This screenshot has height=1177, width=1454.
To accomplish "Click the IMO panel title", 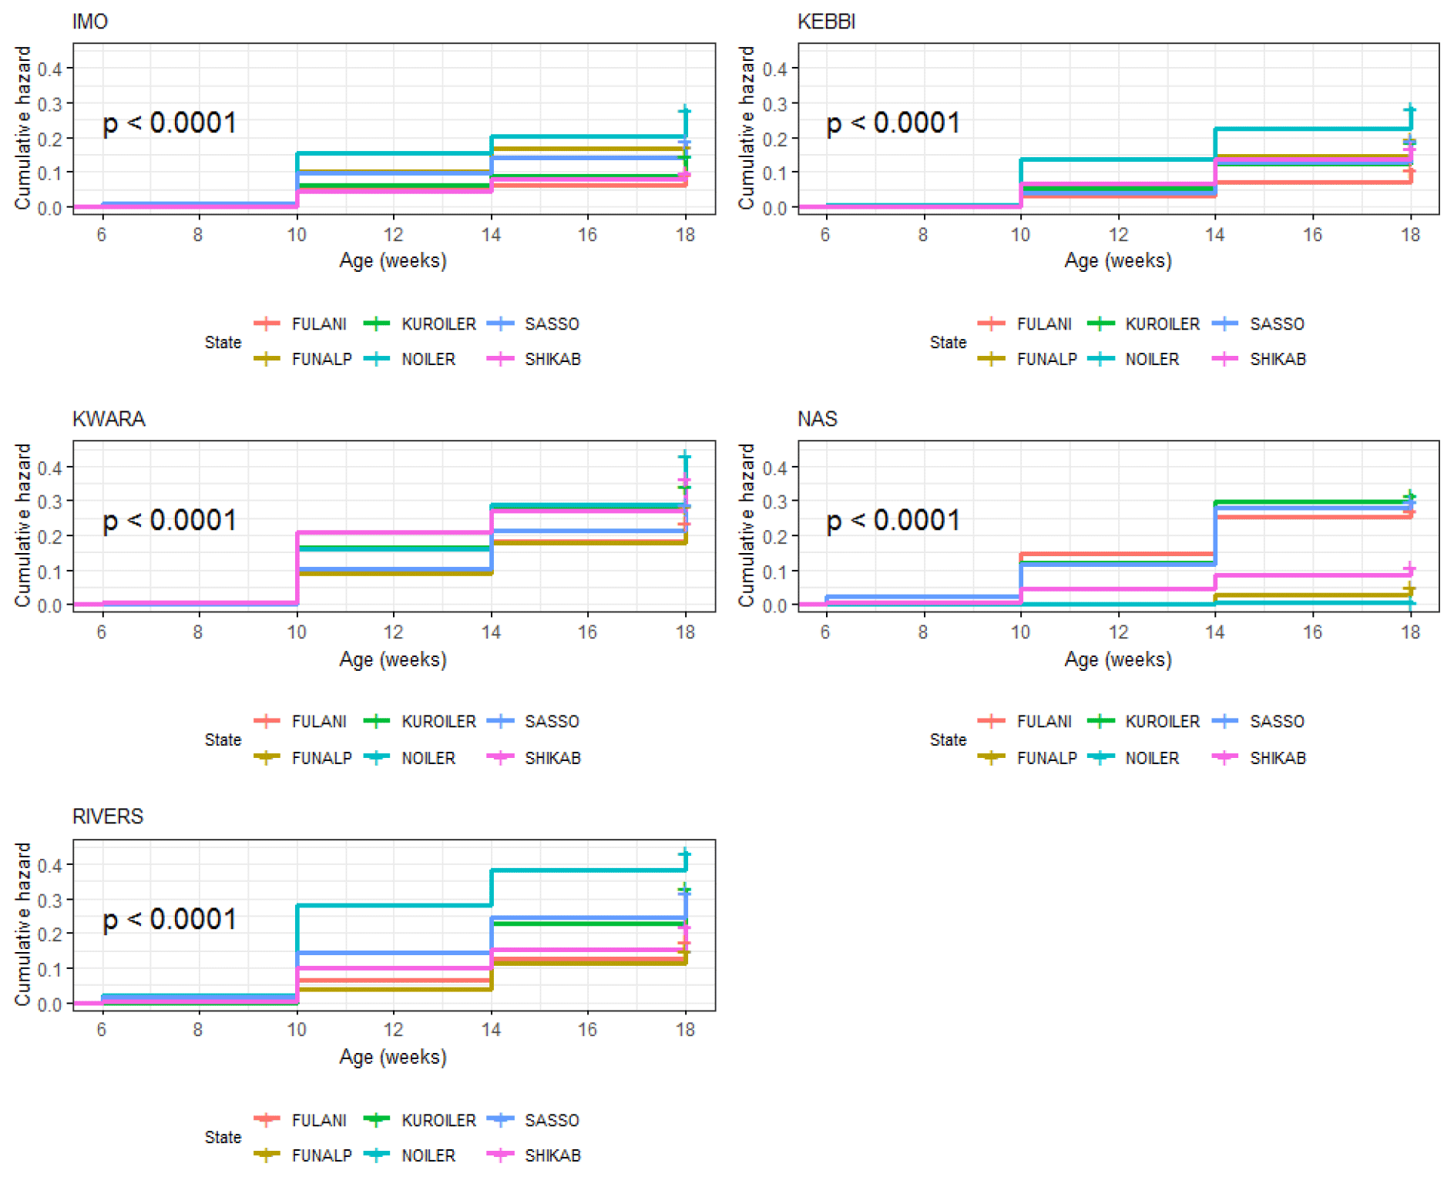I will tap(90, 22).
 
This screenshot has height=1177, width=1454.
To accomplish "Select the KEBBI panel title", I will tap(826, 22).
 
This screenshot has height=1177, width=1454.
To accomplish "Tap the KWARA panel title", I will tap(109, 419).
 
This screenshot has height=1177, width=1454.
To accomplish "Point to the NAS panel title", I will tap(817, 419).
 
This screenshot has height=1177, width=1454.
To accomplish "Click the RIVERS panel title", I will tap(108, 817).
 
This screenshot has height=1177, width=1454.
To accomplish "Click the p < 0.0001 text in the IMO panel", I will tap(170, 123).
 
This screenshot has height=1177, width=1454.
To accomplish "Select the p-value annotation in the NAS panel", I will tap(893, 521).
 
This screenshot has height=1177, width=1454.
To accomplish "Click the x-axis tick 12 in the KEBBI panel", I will tap(1118, 235).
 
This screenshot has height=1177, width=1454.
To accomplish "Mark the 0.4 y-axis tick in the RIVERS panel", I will tap(50, 865).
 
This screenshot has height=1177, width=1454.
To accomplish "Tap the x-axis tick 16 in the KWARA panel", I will tap(587, 632).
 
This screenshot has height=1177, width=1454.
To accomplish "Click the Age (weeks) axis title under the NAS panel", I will tap(1117, 659).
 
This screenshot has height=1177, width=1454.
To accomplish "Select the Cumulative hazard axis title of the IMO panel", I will tap(23, 128).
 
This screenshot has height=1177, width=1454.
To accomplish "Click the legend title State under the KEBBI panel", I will tap(948, 342).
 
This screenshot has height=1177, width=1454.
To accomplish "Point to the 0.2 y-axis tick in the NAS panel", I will tap(774, 537).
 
